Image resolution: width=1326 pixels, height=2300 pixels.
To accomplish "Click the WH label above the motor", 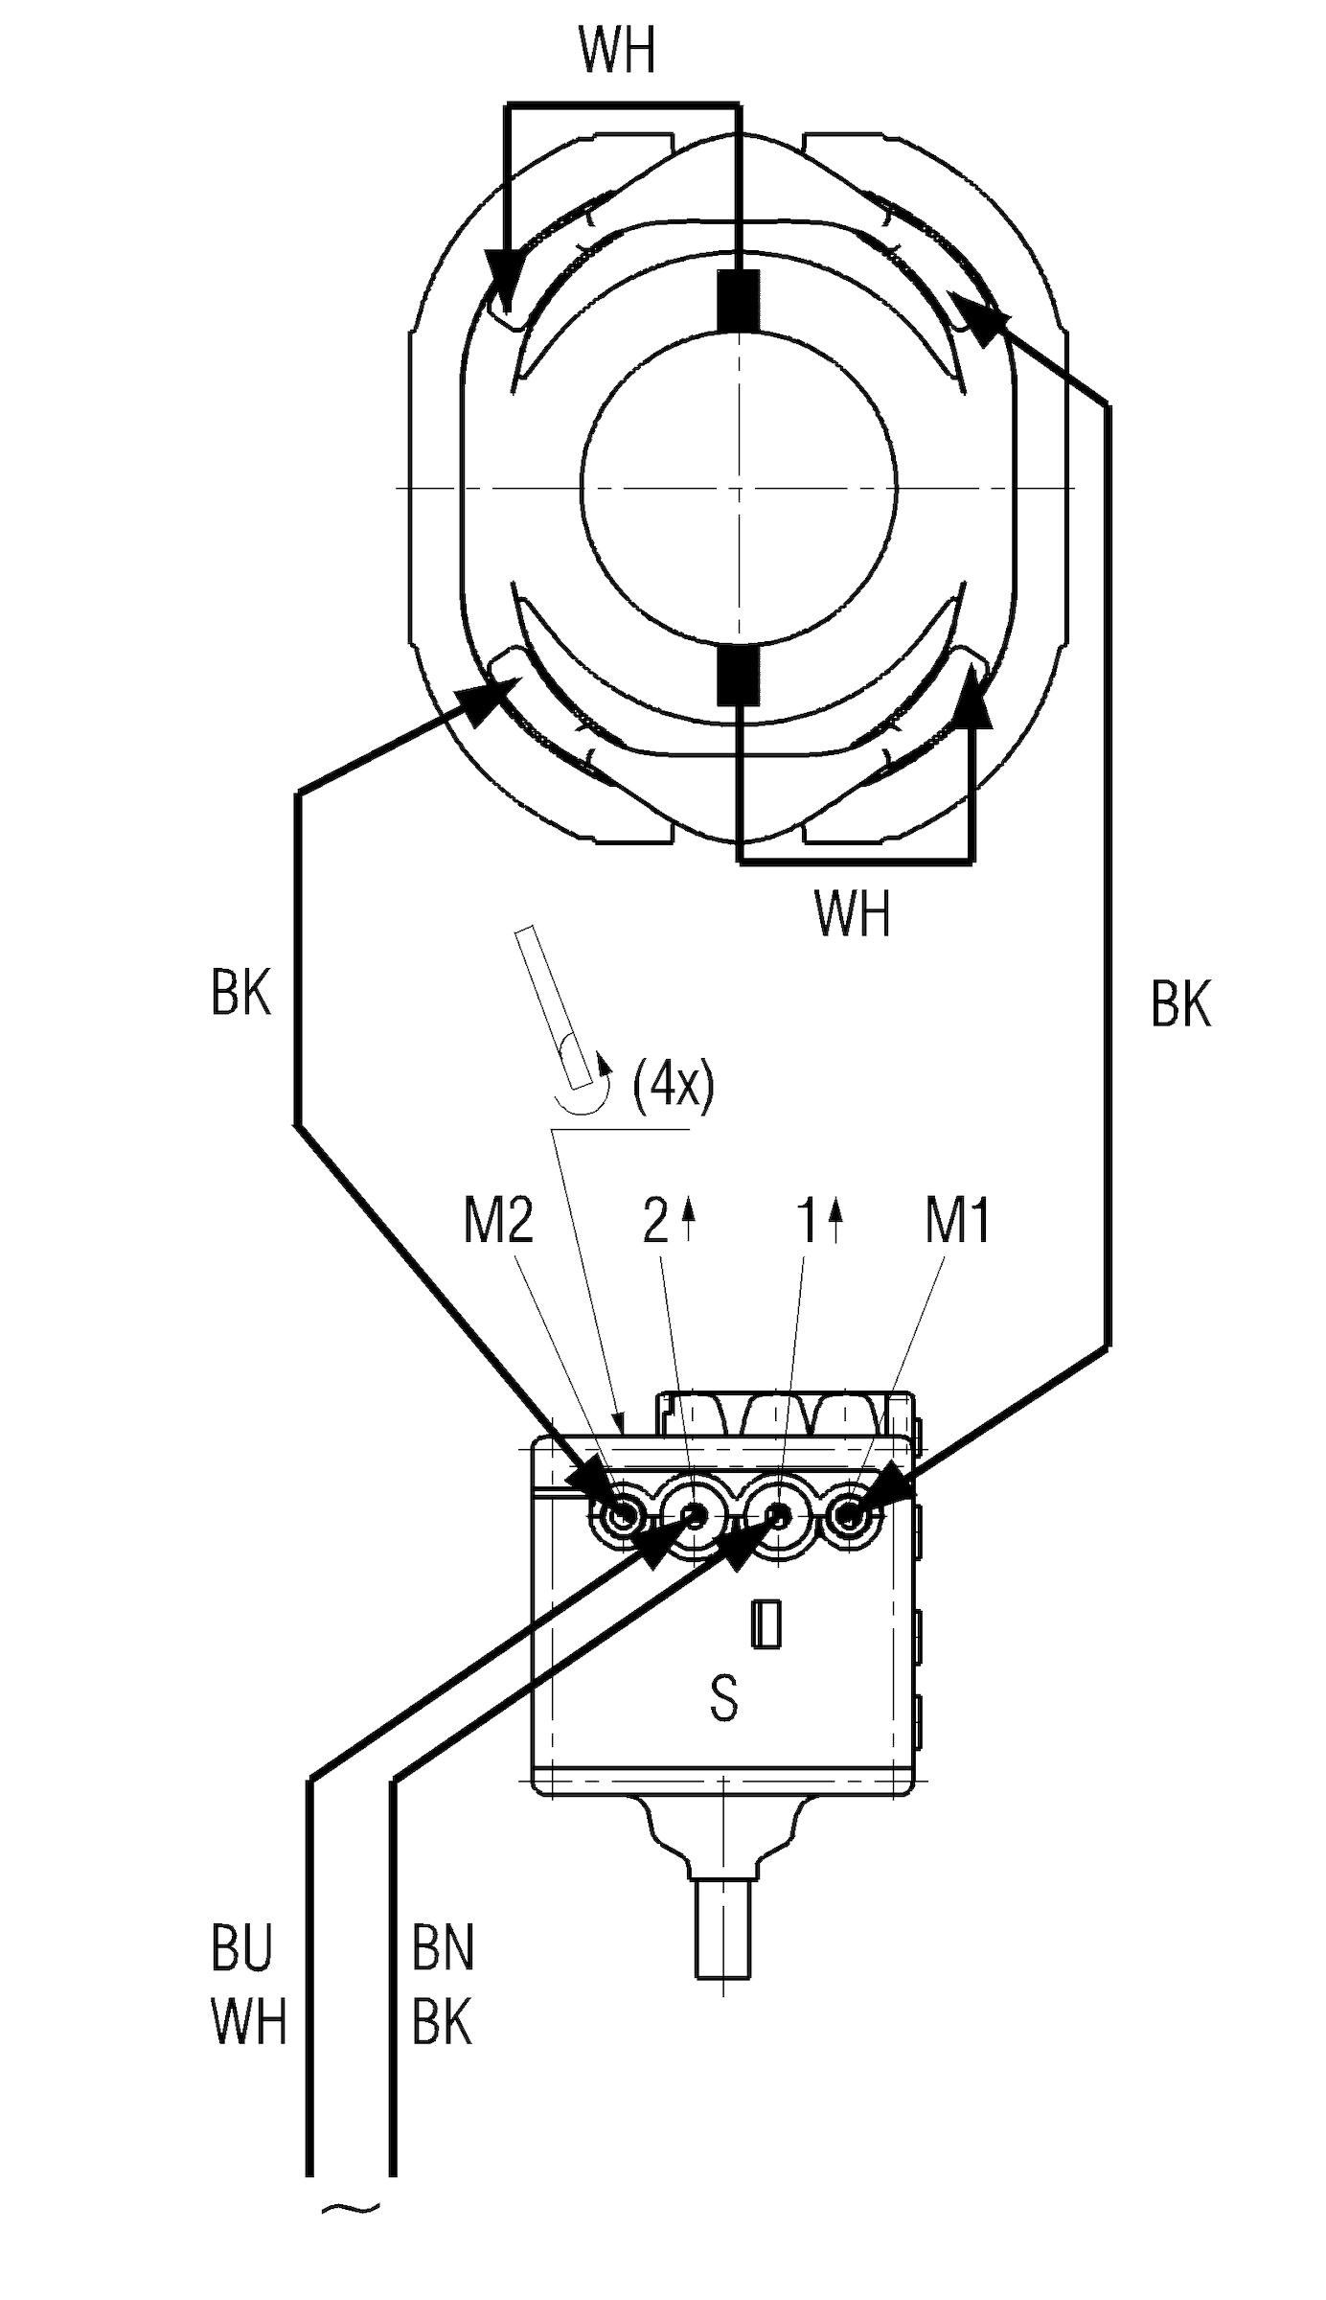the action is [617, 52].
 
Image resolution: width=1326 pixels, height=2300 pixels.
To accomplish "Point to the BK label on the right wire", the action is [1180, 1004].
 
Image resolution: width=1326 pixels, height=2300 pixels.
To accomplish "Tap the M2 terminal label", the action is [498, 1221].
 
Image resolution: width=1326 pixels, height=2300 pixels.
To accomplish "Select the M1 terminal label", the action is [957, 1221].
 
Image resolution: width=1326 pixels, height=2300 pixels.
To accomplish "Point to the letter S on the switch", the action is [724, 1698].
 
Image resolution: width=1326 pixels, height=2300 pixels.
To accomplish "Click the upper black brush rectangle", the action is [739, 301].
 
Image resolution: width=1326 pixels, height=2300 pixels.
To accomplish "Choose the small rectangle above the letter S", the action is [765, 1624].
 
